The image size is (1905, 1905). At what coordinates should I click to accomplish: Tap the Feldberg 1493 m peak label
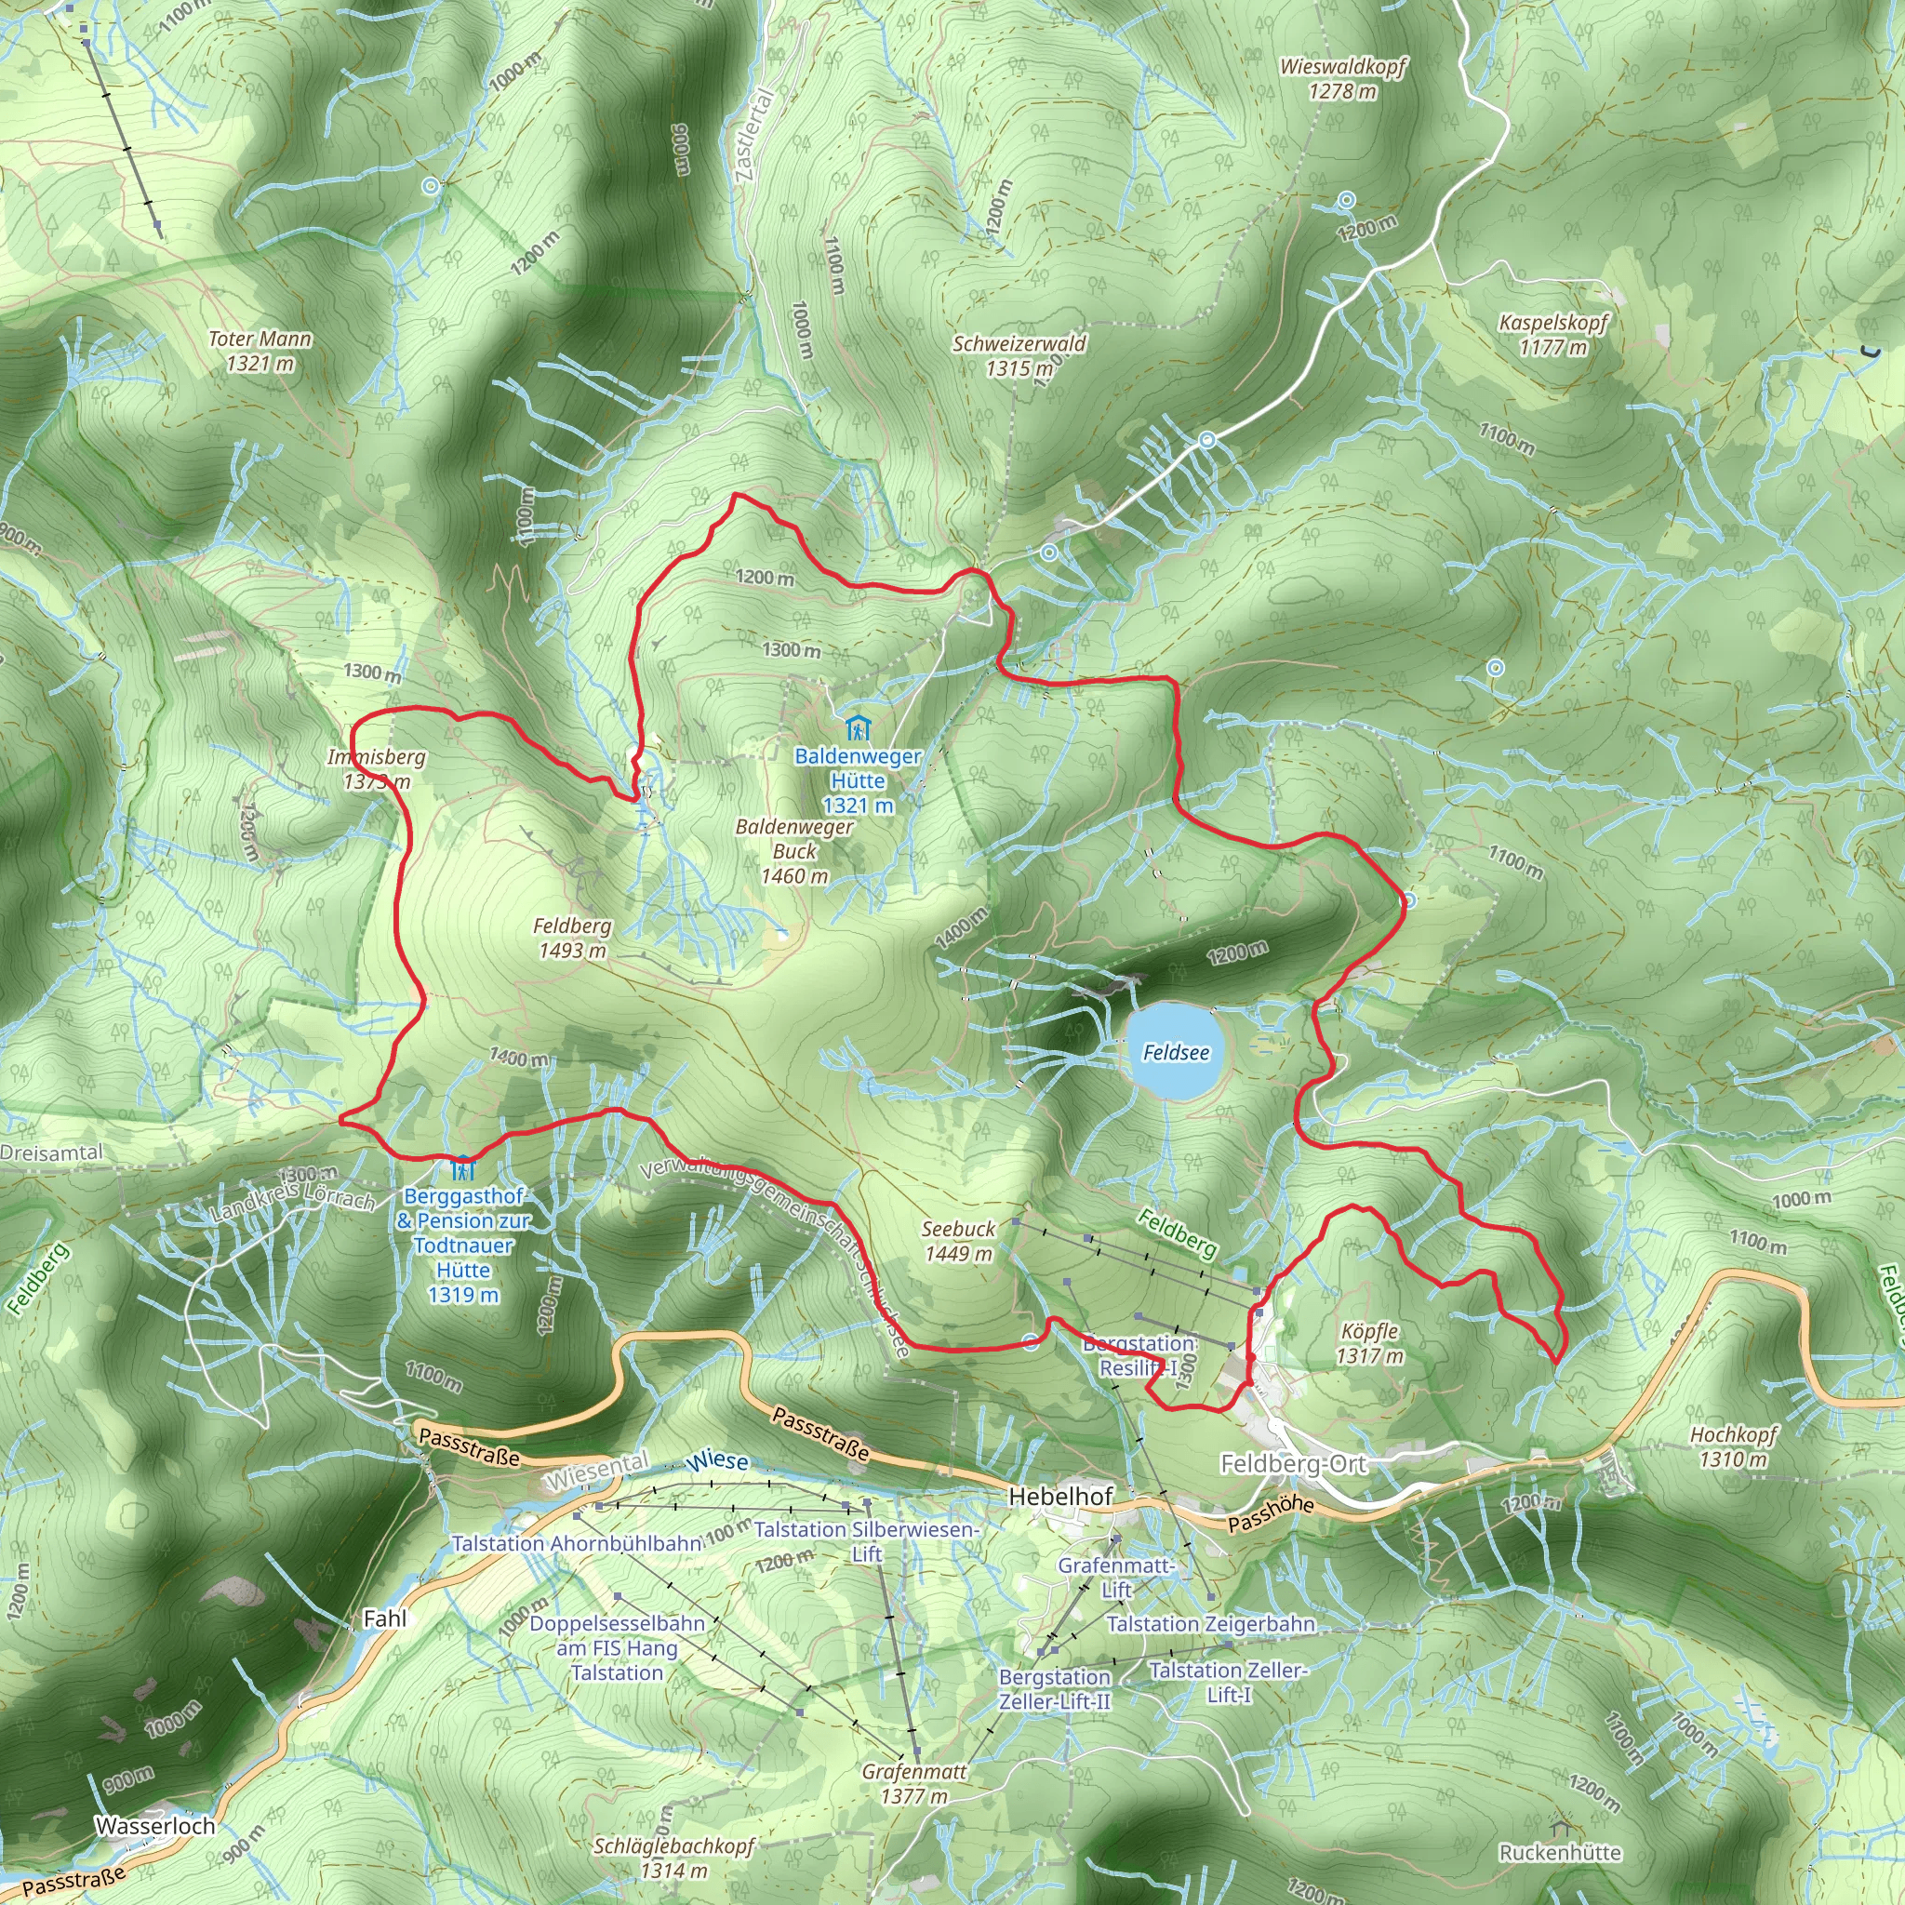(x=572, y=938)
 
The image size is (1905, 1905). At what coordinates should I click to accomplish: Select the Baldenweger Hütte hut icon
(x=858, y=728)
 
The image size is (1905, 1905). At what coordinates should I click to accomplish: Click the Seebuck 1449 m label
(x=957, y=1242)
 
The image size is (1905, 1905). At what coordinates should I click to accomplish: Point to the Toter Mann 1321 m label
(x=260, y=351)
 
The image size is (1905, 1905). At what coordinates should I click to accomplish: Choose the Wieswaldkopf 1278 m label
(x=1342, y=79)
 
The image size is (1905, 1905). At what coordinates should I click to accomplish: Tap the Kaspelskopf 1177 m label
(x=1553, y=334)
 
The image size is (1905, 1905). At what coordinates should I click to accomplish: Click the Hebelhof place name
(x=1060, y=1497)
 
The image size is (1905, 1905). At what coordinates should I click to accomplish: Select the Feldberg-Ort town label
(x=1293, y=1464)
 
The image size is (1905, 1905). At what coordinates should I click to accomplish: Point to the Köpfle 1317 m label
(x=1369, y=1343)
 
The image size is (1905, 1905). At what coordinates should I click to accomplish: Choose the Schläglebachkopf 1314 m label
(x=673, y=1858)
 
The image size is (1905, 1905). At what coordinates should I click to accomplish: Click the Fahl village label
(x=384, y=1619)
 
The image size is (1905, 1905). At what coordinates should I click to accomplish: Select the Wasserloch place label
(x=154, y=1826)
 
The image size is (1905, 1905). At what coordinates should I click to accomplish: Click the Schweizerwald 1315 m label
(x=1019, y=355)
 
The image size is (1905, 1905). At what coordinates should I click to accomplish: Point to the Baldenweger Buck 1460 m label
(x=794, y=851)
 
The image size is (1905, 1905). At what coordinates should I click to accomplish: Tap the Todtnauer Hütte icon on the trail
(x=462, y=1167)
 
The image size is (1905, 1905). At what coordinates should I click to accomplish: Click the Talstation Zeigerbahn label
(x=1211, y=1624)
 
